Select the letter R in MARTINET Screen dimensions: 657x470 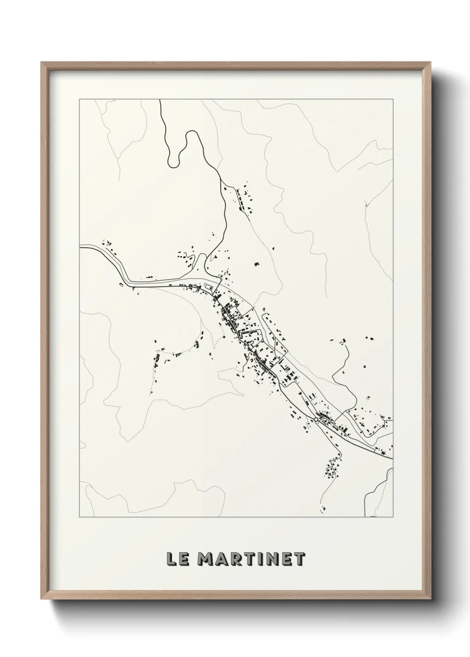pyautogui.click(x=237, y=559)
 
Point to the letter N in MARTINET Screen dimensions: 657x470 pyautogui.click(x=273, y=559)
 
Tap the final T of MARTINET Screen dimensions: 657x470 pyautogui.click(x=300, y=559)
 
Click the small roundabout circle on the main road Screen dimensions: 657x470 pyautogui.click(x=316, y=419)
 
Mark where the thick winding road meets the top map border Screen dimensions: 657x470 pyautogui.click(x=159, y=100)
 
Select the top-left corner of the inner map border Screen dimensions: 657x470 pyautogui.click(x=80, y=99)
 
